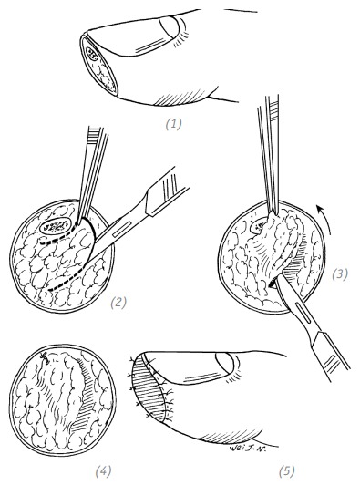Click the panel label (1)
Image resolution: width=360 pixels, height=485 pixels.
tap(173, 124)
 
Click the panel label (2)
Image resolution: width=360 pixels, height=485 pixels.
tap(118, 303)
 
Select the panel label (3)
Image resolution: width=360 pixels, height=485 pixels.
tap(340, 274)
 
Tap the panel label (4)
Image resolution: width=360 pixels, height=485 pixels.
tap(103, 472)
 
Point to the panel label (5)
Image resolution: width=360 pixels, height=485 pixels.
tap(287, 472)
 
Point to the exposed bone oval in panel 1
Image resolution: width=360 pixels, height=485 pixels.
tap(92, 54)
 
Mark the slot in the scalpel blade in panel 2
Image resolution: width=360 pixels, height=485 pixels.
tap(120, 230)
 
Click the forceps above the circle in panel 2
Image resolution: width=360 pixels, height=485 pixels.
tap(93, 173)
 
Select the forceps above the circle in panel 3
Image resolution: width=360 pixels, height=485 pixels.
tap(269, 155)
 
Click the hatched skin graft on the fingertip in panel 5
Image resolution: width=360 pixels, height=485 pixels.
tap(149, 388)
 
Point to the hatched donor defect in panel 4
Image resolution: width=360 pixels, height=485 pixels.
tap(84, 396)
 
